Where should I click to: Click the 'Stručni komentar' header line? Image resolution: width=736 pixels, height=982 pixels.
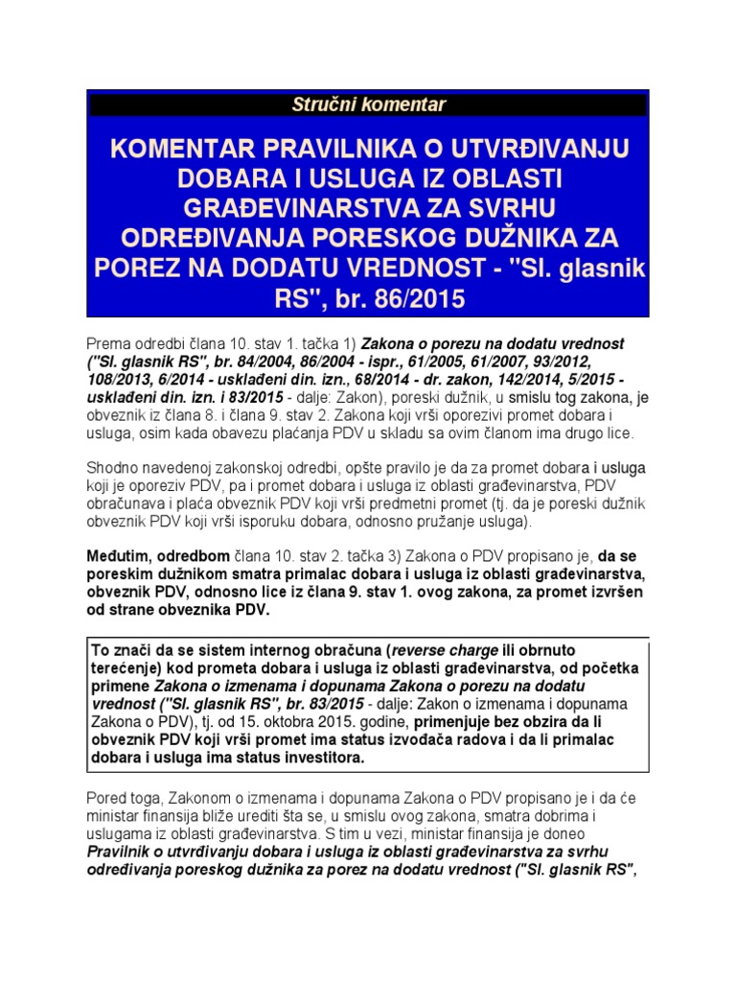pos(368,105)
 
